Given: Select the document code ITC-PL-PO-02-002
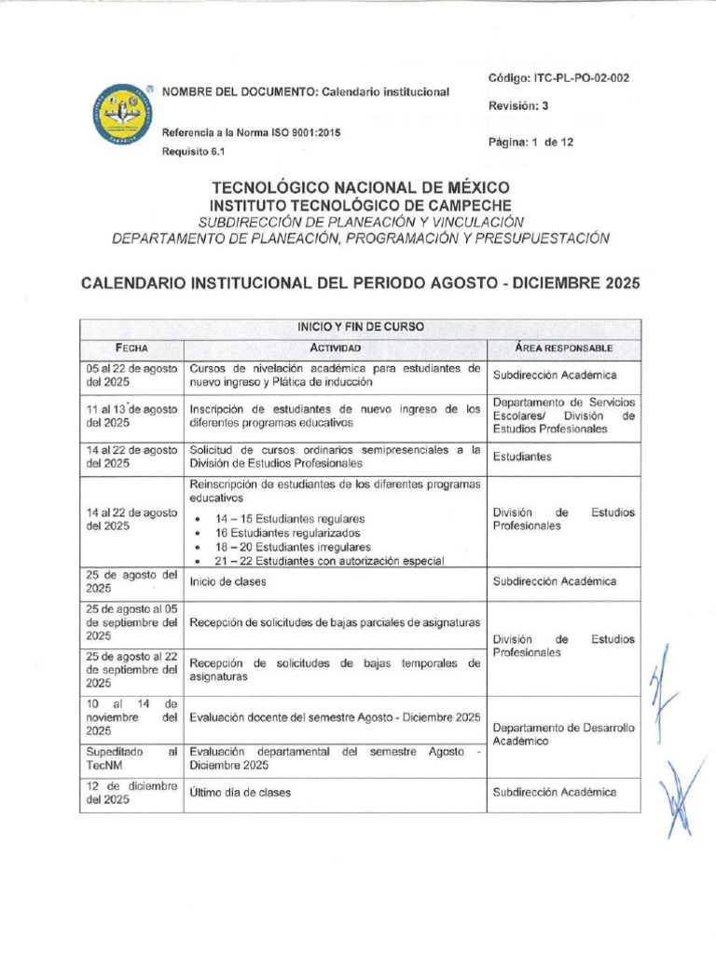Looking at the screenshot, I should point(558,78).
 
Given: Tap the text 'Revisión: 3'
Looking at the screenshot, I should point(518,106).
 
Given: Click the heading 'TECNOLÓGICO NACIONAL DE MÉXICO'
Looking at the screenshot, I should point(361,187).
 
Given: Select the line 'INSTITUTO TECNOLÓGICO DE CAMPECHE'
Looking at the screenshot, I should point(361,205).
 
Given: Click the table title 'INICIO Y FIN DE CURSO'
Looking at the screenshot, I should point(360,327).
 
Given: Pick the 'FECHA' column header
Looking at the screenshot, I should point(131,348).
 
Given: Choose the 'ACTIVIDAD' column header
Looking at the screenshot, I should point(335,348).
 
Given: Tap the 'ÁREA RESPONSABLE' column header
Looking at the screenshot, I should point(563,348).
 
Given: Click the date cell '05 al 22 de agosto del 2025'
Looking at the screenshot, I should point(131,375).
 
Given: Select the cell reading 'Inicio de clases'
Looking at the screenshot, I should point(227,581).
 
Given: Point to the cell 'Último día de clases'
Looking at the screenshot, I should point(241,793).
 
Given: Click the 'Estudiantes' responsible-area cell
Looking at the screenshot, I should point(522,457).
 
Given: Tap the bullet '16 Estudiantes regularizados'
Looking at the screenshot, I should point(289,533).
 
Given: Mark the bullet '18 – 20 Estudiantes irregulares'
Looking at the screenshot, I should point(293,547).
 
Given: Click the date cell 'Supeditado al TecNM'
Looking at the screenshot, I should point(131,757).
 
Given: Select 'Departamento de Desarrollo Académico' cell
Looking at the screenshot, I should point(563,734).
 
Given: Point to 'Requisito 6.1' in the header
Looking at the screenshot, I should point(196,153).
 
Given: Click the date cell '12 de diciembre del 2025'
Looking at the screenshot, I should point(131,793).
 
